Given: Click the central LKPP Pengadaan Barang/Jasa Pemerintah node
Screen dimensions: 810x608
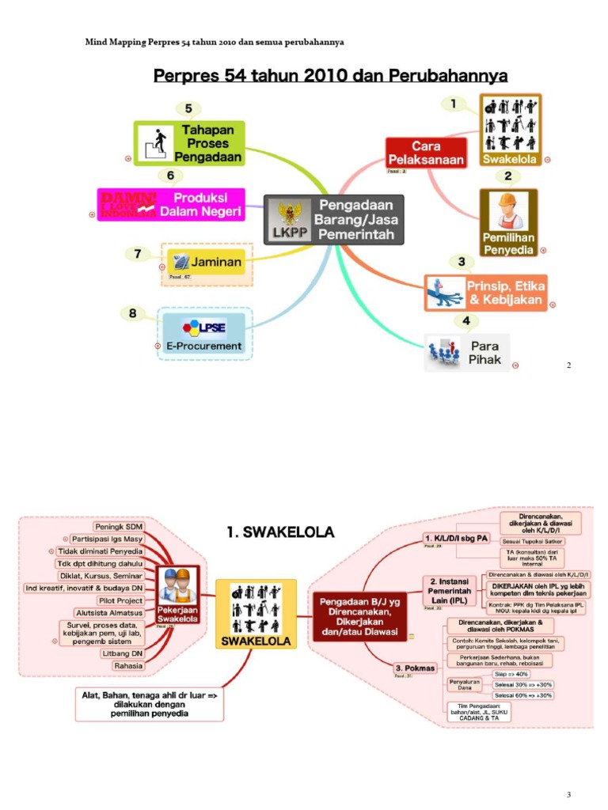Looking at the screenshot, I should [x=333, y=219].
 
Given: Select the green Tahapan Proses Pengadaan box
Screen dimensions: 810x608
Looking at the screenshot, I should [x=189, y=143].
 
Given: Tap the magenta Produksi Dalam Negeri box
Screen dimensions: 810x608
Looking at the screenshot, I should [x=171, y=205].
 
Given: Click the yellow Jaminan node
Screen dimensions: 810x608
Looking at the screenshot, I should [x=207, y=262].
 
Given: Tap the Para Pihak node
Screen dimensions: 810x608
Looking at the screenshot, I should [x=467, y=353].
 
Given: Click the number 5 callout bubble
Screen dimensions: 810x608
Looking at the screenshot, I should [x=188, y=109].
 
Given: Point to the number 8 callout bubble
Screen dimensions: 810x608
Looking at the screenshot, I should [x=132, y=313].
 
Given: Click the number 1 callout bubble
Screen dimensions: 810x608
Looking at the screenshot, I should [x=453, y=104].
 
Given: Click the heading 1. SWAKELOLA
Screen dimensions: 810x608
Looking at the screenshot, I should [x=280, y=532].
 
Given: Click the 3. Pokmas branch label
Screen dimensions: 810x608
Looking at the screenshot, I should [x=414, y=668].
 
